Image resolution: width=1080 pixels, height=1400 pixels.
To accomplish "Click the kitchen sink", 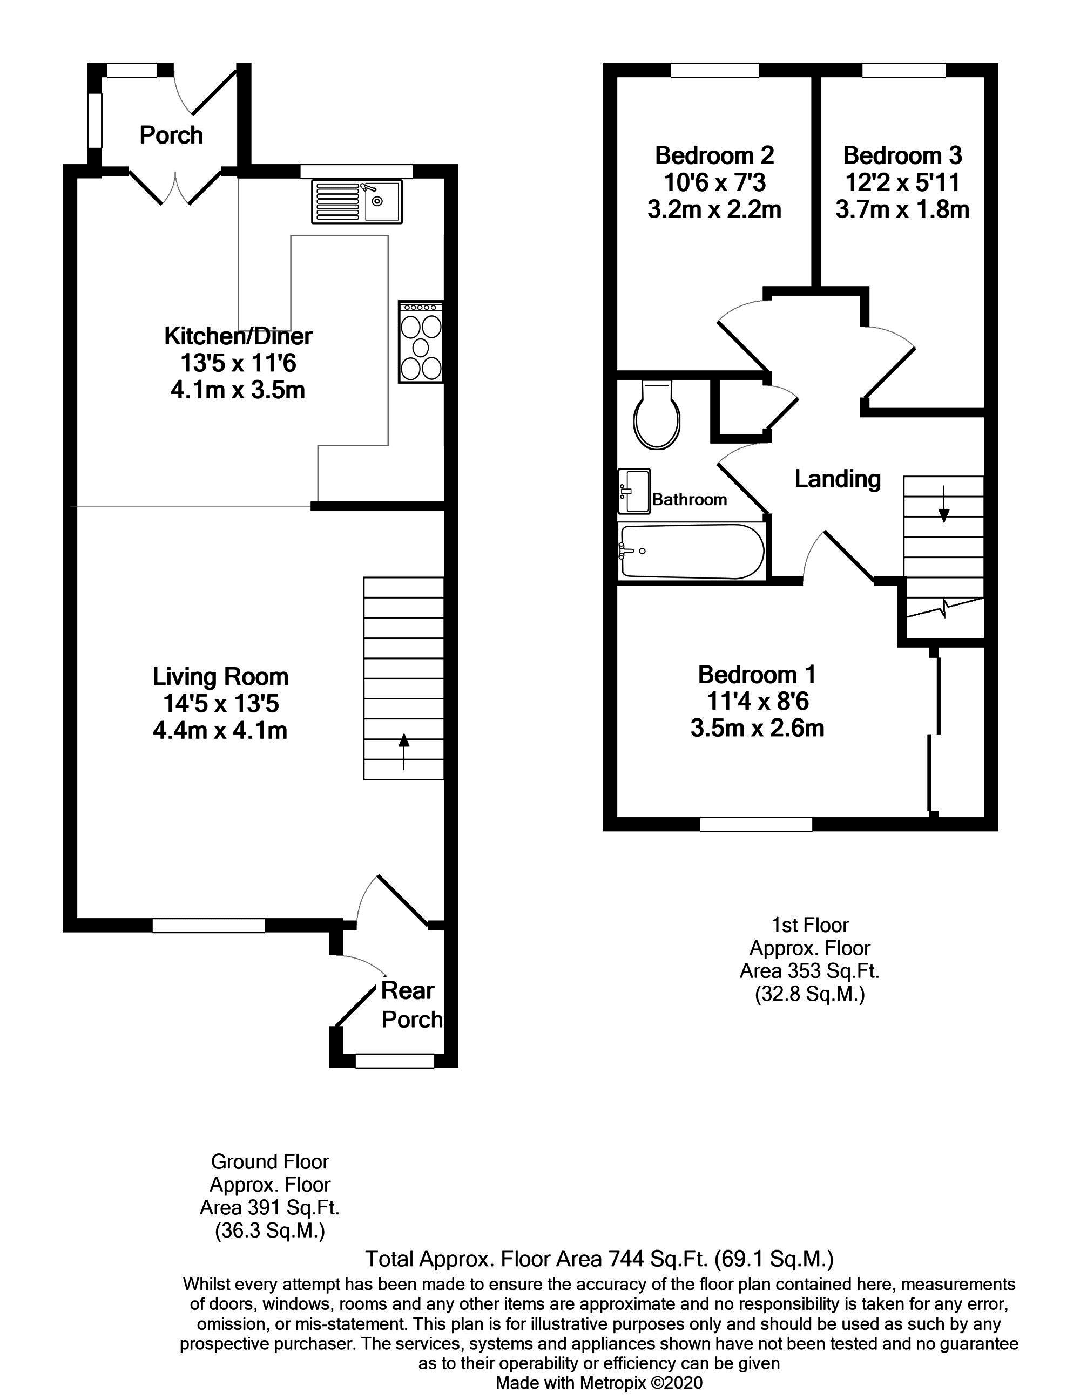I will pyautogui.click(x=356, y=201).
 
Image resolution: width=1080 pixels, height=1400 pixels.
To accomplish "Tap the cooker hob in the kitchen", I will pyautogui.click(x=421, y=342).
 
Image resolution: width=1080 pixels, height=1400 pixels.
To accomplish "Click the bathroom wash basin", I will pyautogui.click(x=633, y=491).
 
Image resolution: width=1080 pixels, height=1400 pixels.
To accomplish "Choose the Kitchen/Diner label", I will pyautogui.click(x=238, y=336).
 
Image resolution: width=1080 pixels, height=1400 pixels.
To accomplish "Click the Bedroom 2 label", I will pyautogui.click(x=714, y=155).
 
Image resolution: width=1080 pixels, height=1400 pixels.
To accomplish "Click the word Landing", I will pyautogui.click(x=837, y=479).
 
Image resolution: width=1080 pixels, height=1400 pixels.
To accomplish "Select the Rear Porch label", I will pyautogui.click(x=410, y=1004).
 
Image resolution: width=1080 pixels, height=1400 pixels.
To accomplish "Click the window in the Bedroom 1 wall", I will pyautogui.click(x=755, y=824).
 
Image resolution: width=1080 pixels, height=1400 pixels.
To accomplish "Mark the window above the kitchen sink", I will pyautogui.click(x=356, y=171).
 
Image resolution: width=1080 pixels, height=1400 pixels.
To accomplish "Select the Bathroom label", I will pyautogui.click(x=690, y=499).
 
